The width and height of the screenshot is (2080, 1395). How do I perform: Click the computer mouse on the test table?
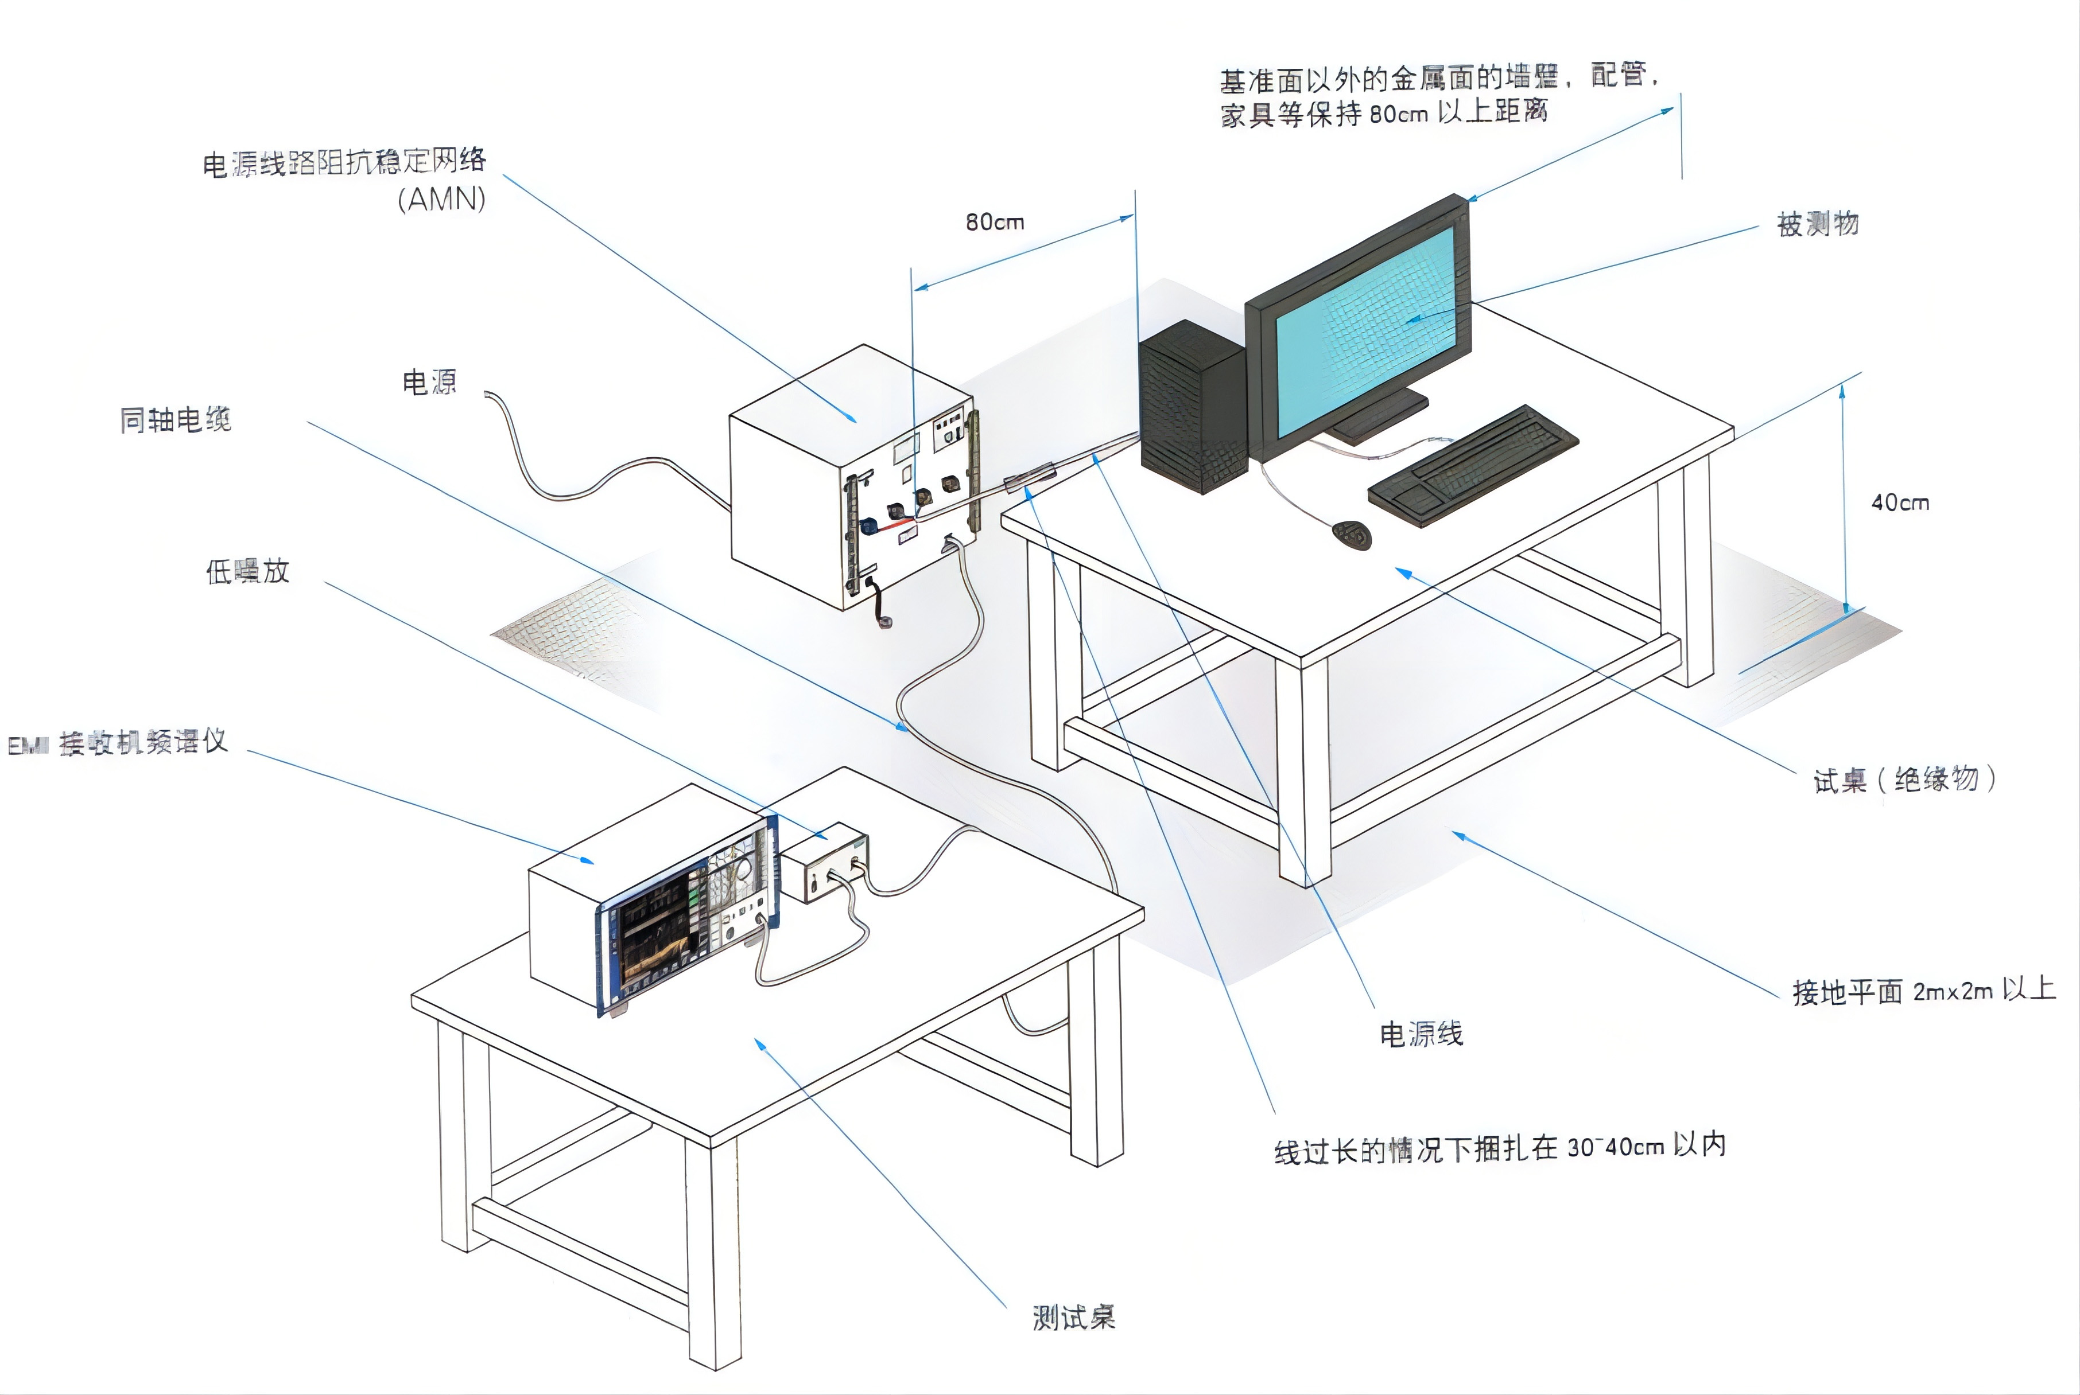click(1351, 534)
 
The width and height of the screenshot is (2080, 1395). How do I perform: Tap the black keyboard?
click(1473, 465)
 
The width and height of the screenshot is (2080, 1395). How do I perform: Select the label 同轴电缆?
click(175, 420)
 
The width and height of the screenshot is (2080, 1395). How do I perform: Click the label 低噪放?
click(247, 571)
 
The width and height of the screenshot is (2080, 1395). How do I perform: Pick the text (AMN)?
click(441, 198)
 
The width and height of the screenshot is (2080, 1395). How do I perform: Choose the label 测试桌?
click(1073, 1318)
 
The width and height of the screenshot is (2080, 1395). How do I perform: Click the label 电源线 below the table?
click(1421, 1034)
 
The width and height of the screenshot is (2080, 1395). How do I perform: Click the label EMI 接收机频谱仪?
click(118, 743)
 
